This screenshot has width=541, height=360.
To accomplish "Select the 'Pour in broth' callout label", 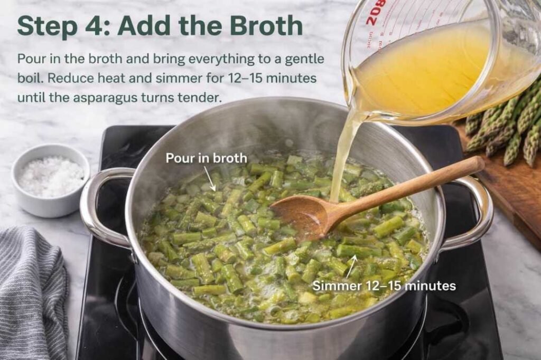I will [x=206, y=158].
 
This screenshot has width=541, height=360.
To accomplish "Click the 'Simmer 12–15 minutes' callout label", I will [x=384, y=286].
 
